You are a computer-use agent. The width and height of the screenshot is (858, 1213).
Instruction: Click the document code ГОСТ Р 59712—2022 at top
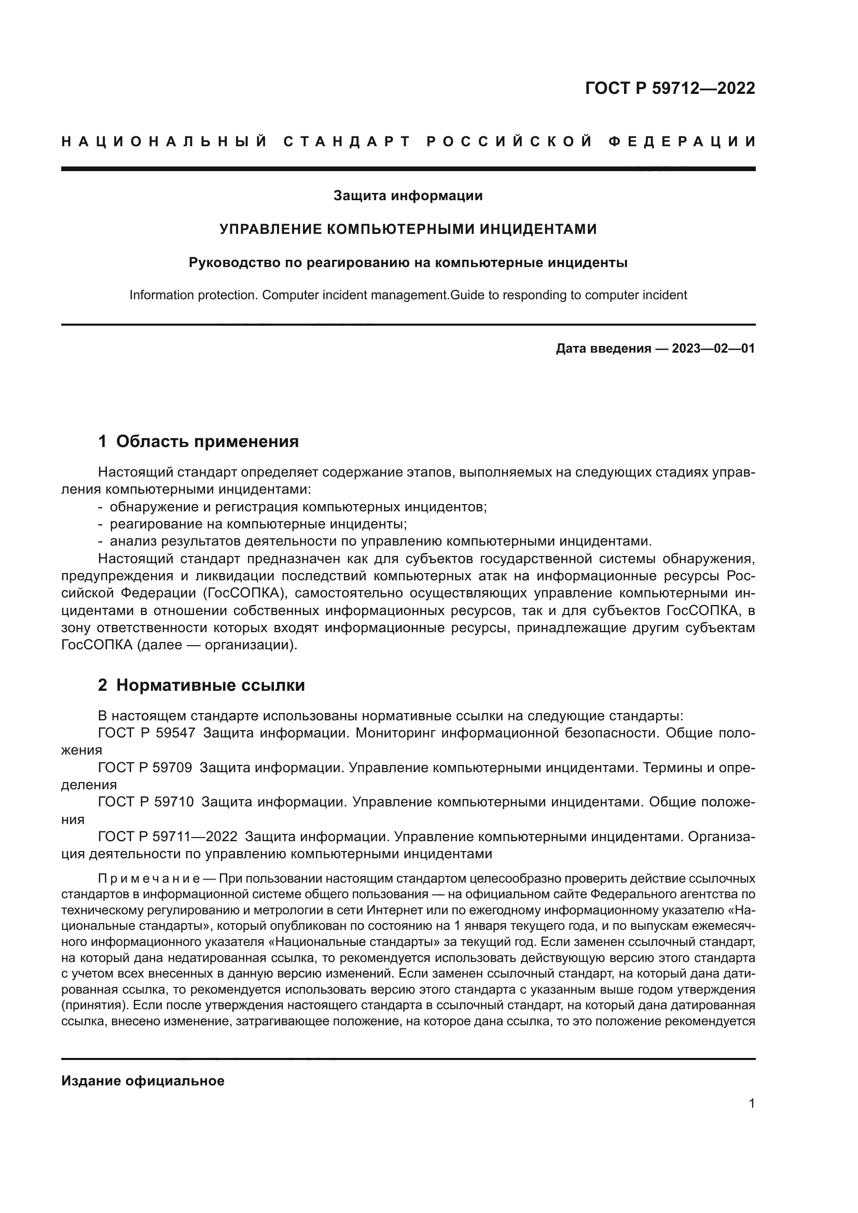point(670,88)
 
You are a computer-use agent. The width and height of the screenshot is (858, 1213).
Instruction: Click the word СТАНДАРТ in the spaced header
point(347,142)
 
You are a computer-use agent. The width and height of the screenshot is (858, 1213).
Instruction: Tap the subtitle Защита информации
point(408,196)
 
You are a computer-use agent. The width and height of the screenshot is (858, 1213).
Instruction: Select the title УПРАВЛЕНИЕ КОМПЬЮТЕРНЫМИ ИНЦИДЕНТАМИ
point(408,229)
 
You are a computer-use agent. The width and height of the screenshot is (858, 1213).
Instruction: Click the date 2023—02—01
point(713,348)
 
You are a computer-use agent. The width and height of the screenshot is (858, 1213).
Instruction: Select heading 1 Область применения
point(199,441)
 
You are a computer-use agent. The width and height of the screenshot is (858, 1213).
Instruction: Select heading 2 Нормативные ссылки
point(201,685)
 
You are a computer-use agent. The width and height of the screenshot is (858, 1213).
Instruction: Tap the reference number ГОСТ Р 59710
point(146,802)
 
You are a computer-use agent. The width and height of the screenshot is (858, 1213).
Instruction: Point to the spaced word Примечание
point(148,879)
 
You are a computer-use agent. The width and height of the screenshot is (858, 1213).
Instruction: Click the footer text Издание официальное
point(143,1081)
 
